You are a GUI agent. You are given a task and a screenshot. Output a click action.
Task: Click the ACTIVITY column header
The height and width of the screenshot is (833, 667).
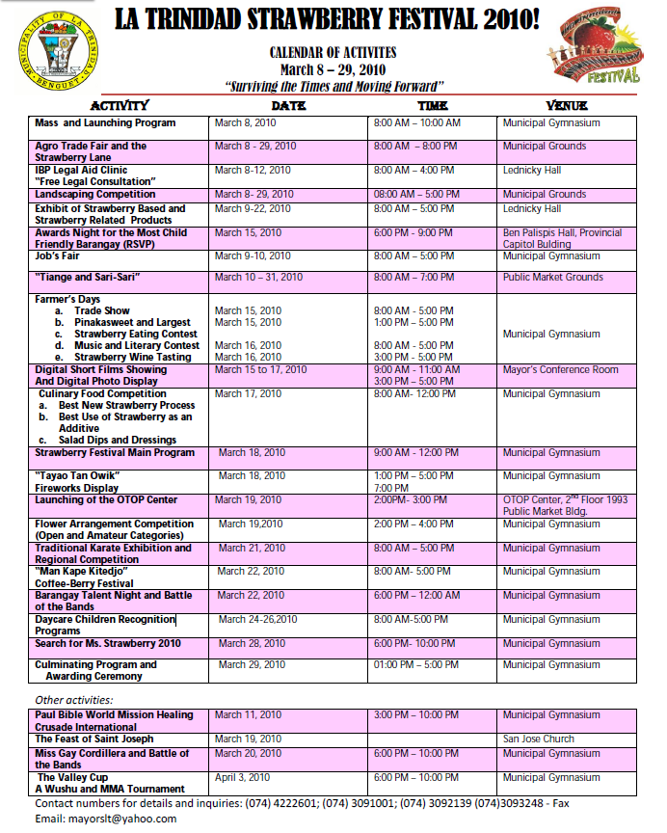point(119,105)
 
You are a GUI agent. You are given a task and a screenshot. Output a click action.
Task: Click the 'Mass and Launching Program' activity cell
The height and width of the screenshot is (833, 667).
point(105,123)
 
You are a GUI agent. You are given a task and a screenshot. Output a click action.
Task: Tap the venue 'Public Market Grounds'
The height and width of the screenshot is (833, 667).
point(552,278)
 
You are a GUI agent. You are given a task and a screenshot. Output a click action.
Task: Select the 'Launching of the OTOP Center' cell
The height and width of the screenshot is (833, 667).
point(106,500)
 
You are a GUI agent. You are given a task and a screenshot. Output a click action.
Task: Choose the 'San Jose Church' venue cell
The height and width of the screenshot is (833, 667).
point(539,739)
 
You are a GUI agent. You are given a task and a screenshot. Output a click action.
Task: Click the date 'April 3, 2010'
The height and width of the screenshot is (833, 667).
point(242,777)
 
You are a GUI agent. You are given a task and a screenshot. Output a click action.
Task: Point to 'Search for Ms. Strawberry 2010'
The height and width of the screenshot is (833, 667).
point(108,643)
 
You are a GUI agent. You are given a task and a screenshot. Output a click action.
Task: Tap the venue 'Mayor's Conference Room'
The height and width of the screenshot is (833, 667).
point(560,370)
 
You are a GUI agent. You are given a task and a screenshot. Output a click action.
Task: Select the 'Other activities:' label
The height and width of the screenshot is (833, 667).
point(74,699)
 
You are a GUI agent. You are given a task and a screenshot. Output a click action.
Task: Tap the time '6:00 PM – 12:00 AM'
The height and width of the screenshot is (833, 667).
point(417,596)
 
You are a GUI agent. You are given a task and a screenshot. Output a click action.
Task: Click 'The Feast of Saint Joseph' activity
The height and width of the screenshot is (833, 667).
point(93,739)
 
